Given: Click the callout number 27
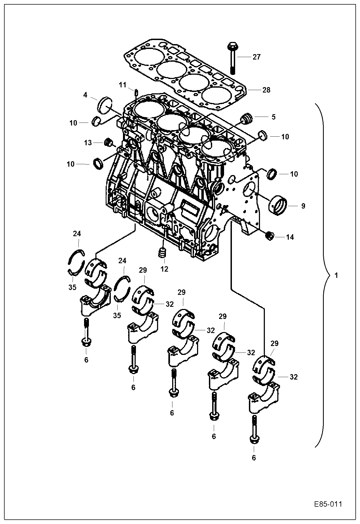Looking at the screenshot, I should pos(256,57).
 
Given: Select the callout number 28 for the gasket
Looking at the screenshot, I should pos(266,90).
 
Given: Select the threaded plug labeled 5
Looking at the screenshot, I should pos(246,119).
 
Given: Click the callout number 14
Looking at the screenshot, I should pos(290,237).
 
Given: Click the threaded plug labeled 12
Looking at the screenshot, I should pos(162,253).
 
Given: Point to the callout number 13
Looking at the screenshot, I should pos(88,143).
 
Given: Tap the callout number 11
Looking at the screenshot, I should pos(123,85).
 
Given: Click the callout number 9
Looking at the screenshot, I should pos(303,206).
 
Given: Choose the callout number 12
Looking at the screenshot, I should pos(164,269).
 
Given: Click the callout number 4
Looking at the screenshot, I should pos(85,95).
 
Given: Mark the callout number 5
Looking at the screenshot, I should pos(274,117).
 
